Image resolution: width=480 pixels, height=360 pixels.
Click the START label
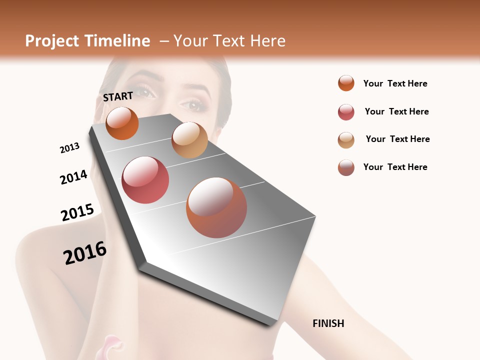[118, 96]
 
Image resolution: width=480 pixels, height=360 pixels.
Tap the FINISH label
[328, 323]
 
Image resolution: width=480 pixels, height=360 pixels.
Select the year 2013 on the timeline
[69, 148]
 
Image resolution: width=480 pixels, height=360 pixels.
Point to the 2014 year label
[73, 177]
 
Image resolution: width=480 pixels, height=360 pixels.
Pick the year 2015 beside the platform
[77, 212]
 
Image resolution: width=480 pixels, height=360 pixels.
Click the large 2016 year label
[85, 253]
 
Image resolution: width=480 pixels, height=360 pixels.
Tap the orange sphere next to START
[122, 123]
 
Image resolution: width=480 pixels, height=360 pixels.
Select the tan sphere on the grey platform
[189, 140]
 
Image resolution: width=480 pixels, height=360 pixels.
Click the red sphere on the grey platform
[145, 180]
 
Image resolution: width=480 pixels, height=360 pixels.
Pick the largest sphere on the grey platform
[216, 207]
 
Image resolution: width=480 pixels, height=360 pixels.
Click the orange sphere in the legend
[346, 83]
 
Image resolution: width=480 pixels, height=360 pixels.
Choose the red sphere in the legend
[346, 112]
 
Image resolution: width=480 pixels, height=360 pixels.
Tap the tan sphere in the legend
[346, 140]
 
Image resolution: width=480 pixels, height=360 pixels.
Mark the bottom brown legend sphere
[346, 167]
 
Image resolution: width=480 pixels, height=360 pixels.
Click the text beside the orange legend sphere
[395, 83]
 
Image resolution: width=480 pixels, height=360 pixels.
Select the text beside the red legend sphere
[396, 111]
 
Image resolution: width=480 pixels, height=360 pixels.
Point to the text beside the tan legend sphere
[397, 139]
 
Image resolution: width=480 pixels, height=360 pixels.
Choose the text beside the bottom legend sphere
[395, 167]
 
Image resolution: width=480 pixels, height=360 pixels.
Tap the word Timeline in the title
[117, 41]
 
